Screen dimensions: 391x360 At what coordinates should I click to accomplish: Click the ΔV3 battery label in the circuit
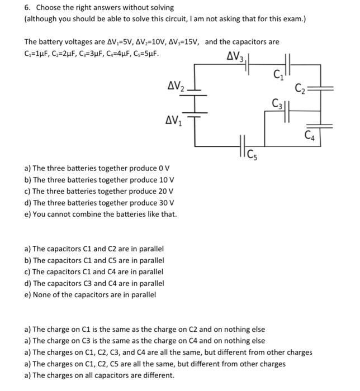tap(235, 57)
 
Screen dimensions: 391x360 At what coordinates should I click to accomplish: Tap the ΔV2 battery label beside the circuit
tap(177, 86)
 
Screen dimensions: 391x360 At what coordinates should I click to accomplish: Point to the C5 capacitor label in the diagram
tap(252, 151)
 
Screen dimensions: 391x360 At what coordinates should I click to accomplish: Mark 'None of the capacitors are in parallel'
tap(90, 294)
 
